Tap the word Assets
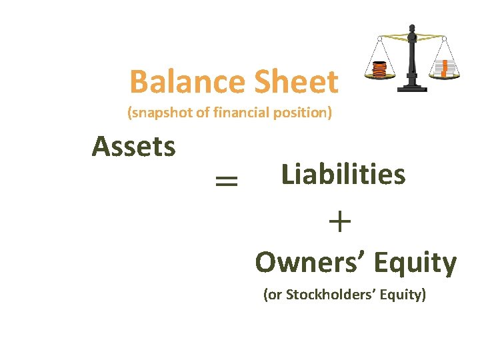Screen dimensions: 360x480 [134, 146]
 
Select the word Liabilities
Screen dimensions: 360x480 [343, 175]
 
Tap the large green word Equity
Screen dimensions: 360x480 [415, 263]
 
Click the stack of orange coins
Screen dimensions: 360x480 [379, 69]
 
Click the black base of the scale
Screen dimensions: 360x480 [411, 88]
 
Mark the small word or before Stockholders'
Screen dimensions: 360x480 [275, 295]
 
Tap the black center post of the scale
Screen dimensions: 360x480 [412, 60]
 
